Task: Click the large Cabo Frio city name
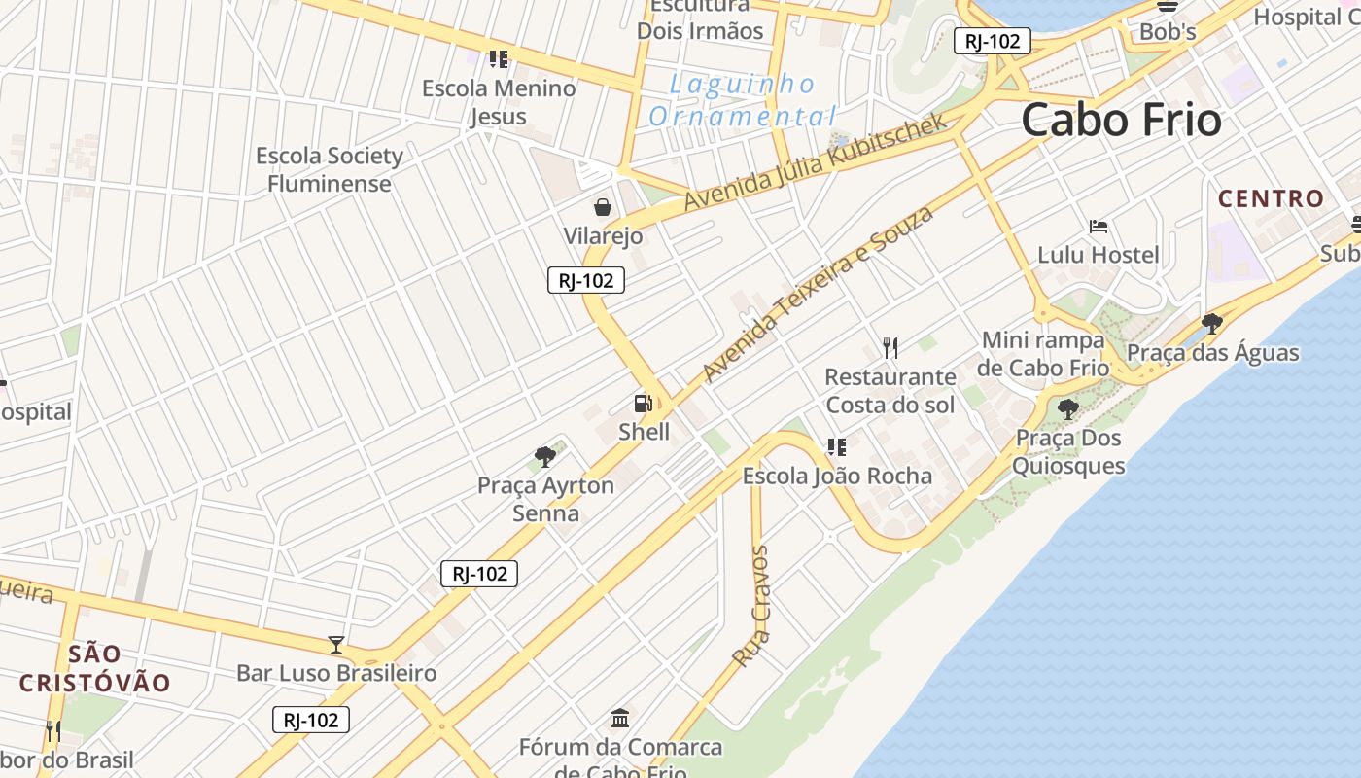tap(1121, 121)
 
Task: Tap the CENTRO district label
tap(1272, 199)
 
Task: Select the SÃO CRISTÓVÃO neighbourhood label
tap(95, 668)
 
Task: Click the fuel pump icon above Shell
tap(643, 403)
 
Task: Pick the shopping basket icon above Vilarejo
tap(603, 207)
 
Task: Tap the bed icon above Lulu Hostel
tap(1099, 227)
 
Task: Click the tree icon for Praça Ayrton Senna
tap(545, 456)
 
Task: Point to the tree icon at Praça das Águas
tap(1211, 324)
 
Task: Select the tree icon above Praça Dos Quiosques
tap(1067, 409)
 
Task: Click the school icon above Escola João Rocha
tap(836, 447)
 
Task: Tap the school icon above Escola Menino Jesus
tap(499, 59)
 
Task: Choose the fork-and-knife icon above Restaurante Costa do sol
tap(890, 347)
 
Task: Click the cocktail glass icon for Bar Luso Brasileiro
tap(336, 644)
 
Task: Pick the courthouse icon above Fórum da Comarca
tap(620, 719)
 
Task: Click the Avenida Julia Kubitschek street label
tap(815, 162)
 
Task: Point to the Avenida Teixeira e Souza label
tap(817, 294)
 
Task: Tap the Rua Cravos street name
tap(750, 606)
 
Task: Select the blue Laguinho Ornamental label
tap(742, 100)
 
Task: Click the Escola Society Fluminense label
tap(329, 169)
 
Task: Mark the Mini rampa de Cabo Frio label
tap(1044, 354)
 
